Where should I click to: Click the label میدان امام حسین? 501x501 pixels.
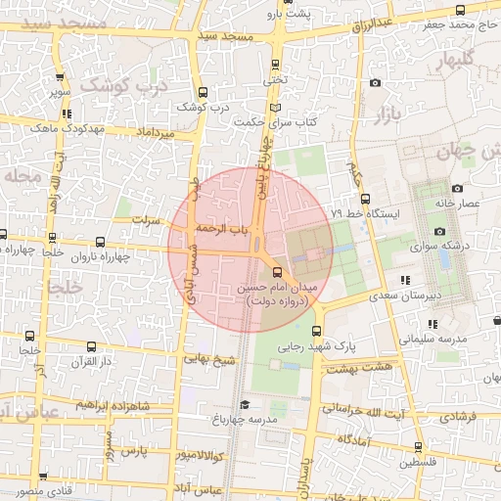(x=278, y=288)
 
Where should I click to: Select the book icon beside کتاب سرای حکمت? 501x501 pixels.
(x=275, y=107)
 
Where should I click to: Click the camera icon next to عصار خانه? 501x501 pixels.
(x=457, y=188)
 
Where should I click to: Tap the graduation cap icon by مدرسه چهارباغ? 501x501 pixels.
(x=244, y=404)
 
